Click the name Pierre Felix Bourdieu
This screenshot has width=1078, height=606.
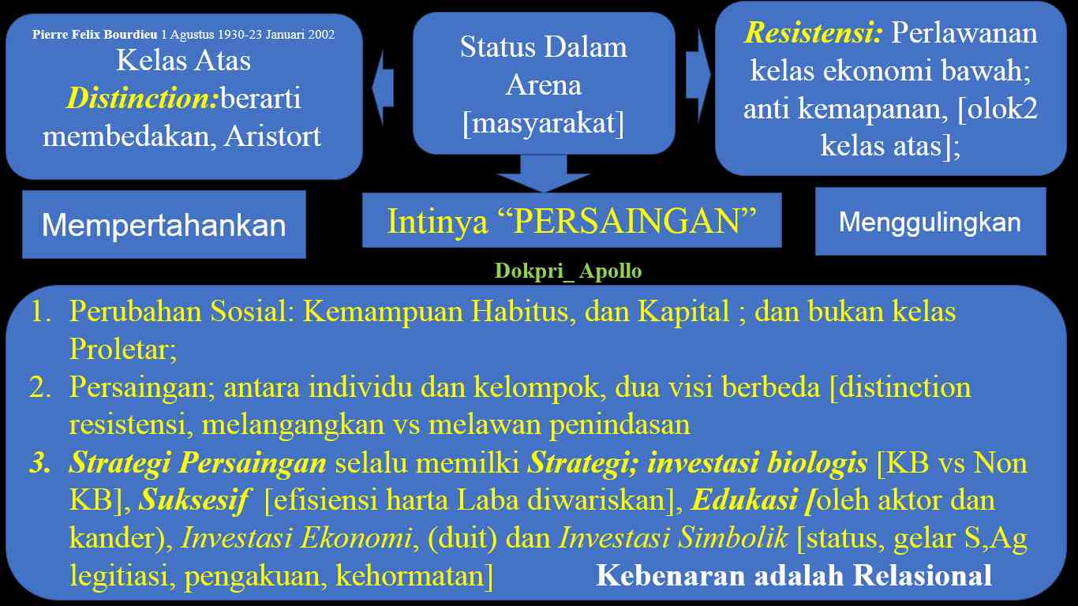click(95, 35)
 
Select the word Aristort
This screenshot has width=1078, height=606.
click(272, 137)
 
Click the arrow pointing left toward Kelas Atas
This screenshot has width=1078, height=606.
click(383, 88)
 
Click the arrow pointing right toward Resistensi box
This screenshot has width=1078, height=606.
click(698, 76)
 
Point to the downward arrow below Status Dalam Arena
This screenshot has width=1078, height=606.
click(543, 174)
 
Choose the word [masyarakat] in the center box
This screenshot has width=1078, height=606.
click(543, 123)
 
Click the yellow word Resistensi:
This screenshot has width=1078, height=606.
click(814, 33)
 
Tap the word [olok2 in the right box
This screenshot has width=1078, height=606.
click(998, 109)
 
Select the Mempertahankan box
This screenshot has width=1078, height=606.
click(164, 224)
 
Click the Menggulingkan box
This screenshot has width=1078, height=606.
click(930, 222)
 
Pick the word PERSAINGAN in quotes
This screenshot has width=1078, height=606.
click(627, 222)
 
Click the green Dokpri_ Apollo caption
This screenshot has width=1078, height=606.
click(568, 271)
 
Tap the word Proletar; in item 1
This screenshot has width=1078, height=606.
click(123, 349)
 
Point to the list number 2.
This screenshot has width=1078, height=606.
click(40, 387)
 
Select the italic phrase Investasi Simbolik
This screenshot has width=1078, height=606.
click(673, 537)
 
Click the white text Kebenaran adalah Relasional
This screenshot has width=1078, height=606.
click(794, 576)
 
